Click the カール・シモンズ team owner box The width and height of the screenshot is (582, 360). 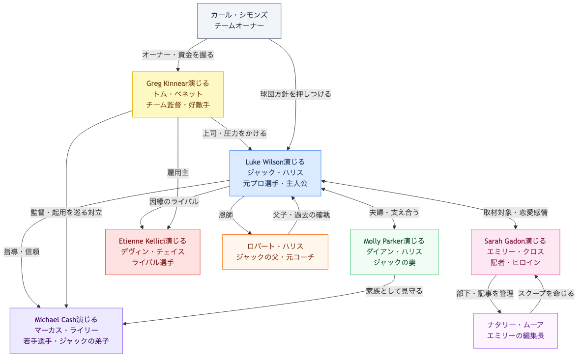coord(239,21)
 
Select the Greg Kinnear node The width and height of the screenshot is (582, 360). coord(178,94)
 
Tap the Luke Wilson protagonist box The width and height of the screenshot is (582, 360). coord(275,173)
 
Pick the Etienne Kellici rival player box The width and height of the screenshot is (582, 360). coord(152,252)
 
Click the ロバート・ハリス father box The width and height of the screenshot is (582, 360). coord(275,252)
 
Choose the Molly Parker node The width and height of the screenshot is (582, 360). coord(394,252)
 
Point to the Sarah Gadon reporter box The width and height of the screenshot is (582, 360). coord(515,252)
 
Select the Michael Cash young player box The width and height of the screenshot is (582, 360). coord(66,331)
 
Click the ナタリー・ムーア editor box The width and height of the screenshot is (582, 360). coord(515,331)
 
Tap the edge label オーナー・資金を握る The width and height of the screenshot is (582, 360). coord(178,55)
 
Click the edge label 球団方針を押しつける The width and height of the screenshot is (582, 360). coord(295,94)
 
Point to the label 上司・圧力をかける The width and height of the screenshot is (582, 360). coord(234,133)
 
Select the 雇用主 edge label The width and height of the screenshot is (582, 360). coord(178,172)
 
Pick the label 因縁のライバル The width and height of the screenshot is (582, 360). coord(174,201)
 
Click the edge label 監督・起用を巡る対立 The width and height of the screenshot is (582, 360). coord(66,213)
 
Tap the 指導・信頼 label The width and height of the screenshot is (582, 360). coord(22,251)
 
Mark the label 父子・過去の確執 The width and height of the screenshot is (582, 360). coord(301,215)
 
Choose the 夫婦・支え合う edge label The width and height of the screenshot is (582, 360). coord(394,213)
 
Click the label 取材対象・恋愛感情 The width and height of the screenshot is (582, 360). coord(515,213)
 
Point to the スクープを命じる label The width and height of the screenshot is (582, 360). coord(546,294)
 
